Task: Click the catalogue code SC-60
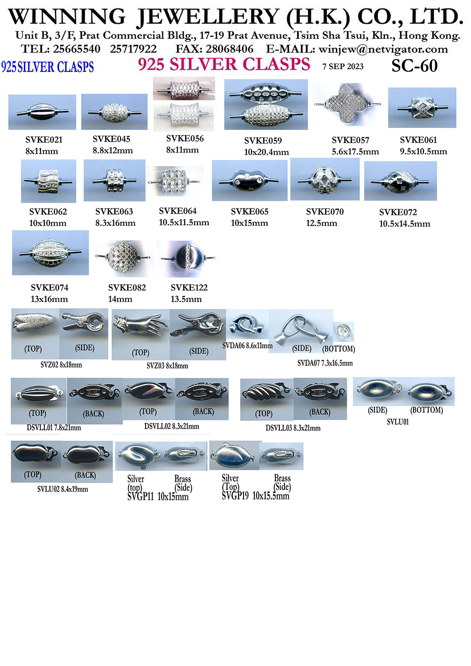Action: (414, 66)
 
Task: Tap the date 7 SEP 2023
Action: (343, 66)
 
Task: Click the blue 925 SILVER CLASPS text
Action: (48, 67)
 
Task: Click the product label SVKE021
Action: (44, 139)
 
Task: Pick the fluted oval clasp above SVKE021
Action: (42, 112)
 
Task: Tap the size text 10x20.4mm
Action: (266, 152)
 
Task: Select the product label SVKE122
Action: (189, 288)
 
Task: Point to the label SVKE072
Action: (398, 212)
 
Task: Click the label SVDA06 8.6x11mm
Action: (247, 345)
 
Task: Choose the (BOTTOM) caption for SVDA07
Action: (339, 349)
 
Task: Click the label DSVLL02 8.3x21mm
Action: (171, 426)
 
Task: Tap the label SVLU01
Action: (398, 422)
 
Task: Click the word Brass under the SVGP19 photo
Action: (282, 478)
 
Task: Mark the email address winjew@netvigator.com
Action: (383, 49)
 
